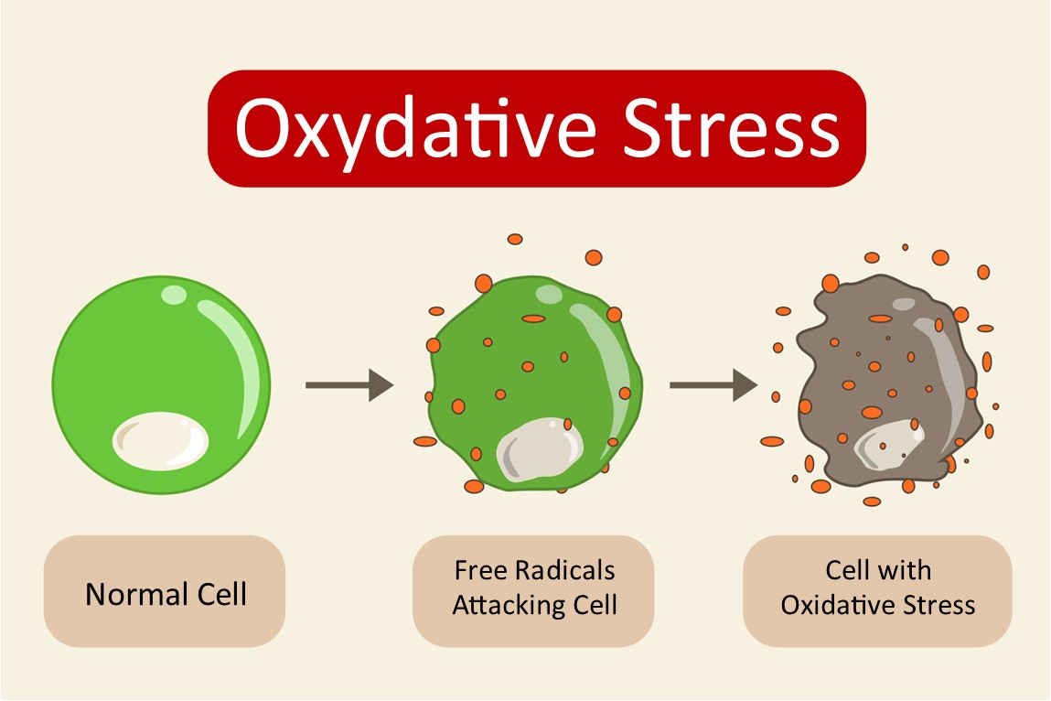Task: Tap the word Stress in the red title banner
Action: pyautogui.click(x=731, y=127)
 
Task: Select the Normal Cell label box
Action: pyautogui.click(x=165, y=591)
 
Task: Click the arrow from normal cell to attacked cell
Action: pyautogui.click(x=349, y=385)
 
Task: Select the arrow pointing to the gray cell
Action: pyautogui.click(x=713, y=385)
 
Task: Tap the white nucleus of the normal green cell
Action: pyautogui.click(x=161, y=441)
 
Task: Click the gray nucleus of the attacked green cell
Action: pyautogui.click(x=539, y=449)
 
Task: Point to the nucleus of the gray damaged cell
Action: pyautogui.click(x=888, y=445)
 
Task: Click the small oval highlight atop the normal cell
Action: pyautogui.click(x=175, y=295)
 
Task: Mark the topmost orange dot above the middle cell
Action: pyautogui.click(x=515, y=239)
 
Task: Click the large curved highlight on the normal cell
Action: pyautogui.click(x=234, y=365)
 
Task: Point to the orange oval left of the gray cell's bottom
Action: pyautogui.click(x=772, y=441)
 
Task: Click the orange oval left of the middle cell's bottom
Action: pyautogui.click(x=425, y=441)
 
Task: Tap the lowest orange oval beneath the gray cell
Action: pyautogui.click(x=872, y=501)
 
